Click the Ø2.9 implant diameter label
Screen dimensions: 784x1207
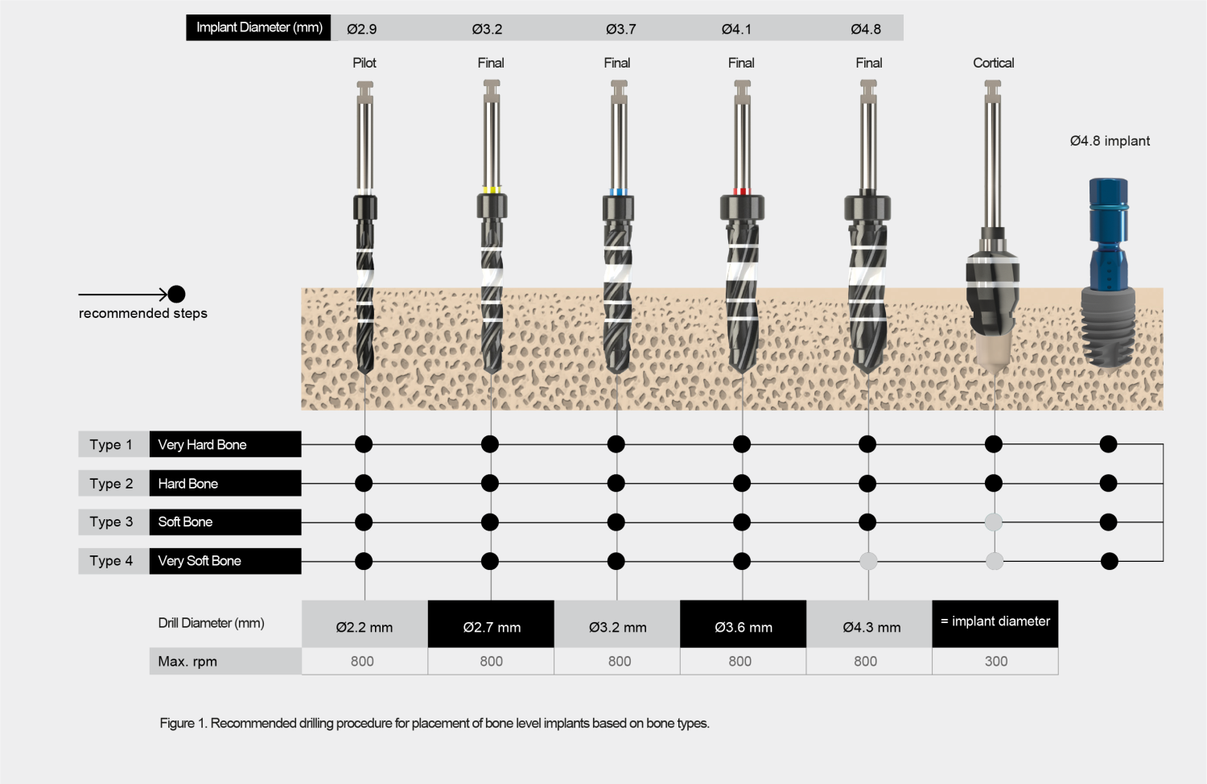(361, 29)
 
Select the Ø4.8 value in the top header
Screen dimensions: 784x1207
(866, 29)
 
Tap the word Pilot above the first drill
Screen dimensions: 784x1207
(364, 63)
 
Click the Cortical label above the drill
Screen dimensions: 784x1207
(993, 63)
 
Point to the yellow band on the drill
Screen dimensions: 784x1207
(491, 191)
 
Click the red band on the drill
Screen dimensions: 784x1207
(742, 192)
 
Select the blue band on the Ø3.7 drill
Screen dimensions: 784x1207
(617, 192)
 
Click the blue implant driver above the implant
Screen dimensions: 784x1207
(1108, 233)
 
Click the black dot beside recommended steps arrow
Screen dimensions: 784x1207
(177, 294)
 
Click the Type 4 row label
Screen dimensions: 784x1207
(112, 561)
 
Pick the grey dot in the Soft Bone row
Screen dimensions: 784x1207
(994, 522)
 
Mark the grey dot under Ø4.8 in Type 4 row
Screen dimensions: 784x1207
(868, 561)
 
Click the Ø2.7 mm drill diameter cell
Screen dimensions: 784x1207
(491, 625)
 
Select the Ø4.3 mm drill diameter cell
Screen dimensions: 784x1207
(871, 625)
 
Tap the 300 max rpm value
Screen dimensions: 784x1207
(995, 661)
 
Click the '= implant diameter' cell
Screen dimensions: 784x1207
(995, 622)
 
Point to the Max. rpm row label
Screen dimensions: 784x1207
(187, 662)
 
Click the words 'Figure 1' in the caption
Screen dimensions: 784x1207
(183, 723)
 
